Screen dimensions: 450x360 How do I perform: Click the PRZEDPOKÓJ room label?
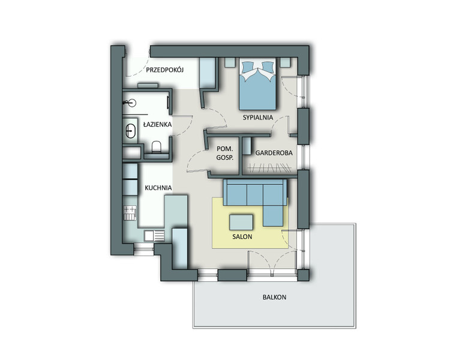tap(165, 70)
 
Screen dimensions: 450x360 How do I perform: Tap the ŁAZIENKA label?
tap(157, 124)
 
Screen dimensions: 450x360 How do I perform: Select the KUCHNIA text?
tap(158, 188)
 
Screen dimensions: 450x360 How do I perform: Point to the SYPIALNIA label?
tap(258, 118)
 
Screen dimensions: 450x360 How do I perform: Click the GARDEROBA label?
tap(274, 153)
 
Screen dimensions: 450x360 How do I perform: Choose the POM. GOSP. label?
tap(225, 154)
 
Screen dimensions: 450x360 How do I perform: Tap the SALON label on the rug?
tap(242, 237)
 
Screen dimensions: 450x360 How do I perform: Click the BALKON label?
tap(274, 297)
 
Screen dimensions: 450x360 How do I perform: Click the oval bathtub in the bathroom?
tap(131, 131)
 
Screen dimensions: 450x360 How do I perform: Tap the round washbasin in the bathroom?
tap(131, 103)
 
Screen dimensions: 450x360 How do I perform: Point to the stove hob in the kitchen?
tap(130, 213)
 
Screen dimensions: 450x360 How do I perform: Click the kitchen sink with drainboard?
tap(154, 236)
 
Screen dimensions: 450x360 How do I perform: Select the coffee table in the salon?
tap(241, 222)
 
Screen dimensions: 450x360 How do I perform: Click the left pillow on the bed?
tap(248, 67)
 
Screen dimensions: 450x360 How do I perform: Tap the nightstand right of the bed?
tap(286, 62)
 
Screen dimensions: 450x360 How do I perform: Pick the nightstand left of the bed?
tap(230, 62)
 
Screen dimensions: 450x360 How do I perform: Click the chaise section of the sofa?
tap(273, 215)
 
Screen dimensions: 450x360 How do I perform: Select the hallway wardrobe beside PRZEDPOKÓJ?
tap(208, 73)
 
